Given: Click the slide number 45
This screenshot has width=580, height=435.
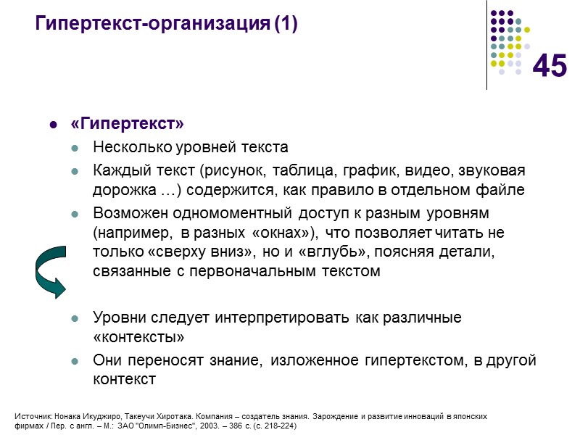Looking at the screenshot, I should (x=550, y=67).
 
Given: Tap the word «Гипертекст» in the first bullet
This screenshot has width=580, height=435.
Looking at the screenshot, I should (x=123, y=125).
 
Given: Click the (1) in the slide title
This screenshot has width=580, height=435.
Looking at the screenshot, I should (x=286, y=25).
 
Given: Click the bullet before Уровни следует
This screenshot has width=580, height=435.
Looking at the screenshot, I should (x=75, y=319).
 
